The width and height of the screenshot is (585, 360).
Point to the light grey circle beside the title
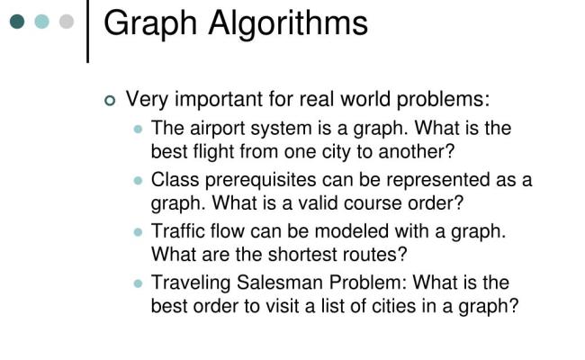point(66,21)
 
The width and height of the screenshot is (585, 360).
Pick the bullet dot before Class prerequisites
point(138,180)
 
